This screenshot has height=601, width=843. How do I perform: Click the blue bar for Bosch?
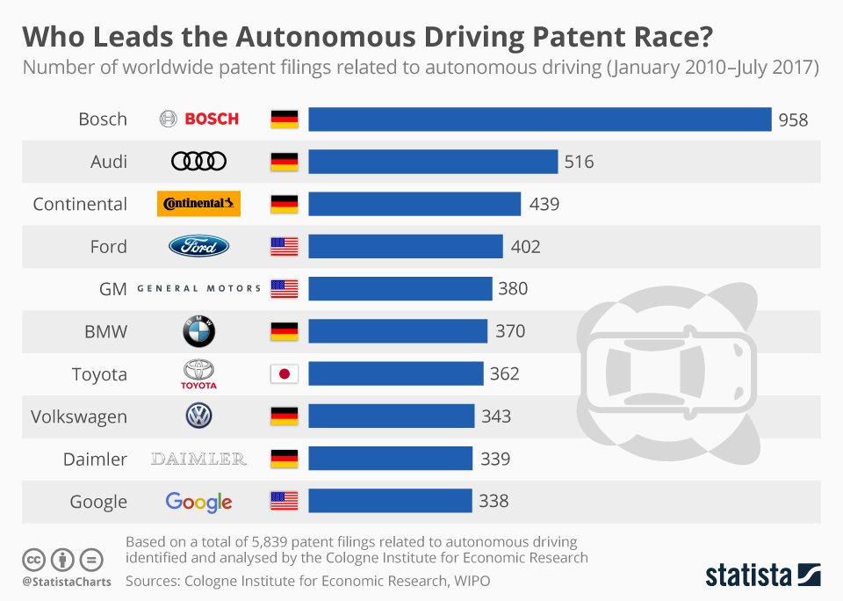click(x=539, y=119)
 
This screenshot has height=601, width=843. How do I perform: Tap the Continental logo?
click(x=198, y=204)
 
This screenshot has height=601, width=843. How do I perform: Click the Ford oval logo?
click(x=198, y=247)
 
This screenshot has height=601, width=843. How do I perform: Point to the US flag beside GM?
click(x=284, y=289)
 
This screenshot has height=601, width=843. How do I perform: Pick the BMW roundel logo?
click(x=198, y=331)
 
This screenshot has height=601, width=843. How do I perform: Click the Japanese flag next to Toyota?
click(x=284, y=374)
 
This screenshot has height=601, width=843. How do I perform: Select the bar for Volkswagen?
click(x=391, y=416)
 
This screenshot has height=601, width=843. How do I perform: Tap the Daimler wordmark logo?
click(x=198, y=459)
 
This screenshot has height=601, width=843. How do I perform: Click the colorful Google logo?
click(x=198, y=502)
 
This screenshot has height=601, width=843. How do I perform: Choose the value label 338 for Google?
click(x=494, y=502)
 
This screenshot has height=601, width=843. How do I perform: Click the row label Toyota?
click(x=99, y=374)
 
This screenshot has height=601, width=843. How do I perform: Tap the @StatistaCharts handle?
click(x=66, y=582)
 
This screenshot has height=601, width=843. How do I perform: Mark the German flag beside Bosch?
click(x=284, y=119)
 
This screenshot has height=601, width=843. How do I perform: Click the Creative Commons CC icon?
click(x=33, y=559)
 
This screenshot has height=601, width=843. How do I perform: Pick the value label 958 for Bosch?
click(x=793, y=120)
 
